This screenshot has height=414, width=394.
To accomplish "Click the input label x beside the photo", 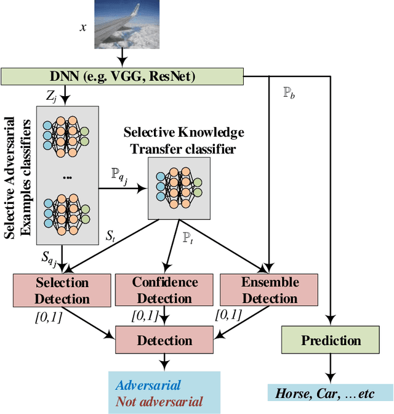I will pos(84,28).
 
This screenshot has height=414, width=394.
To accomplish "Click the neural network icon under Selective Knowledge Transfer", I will pos(179,187).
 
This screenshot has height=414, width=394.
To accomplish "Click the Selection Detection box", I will pos(62,291).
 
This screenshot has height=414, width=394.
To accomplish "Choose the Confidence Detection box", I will pos(165,291).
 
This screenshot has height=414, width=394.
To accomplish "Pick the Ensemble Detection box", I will pos(270,291).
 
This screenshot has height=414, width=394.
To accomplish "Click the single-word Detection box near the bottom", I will pos(164,340).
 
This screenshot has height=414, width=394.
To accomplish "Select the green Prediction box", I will pos(331,340).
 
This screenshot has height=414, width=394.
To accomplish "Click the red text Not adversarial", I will pos(159,401).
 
